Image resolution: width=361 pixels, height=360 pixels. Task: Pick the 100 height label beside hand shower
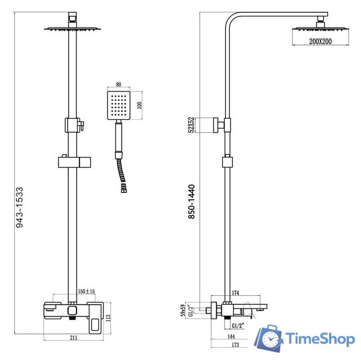(x=140, y=105)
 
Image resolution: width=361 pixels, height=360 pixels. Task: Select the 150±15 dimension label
(x=86, y=291)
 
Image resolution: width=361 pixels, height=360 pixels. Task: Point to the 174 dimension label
(x=236, y=293)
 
